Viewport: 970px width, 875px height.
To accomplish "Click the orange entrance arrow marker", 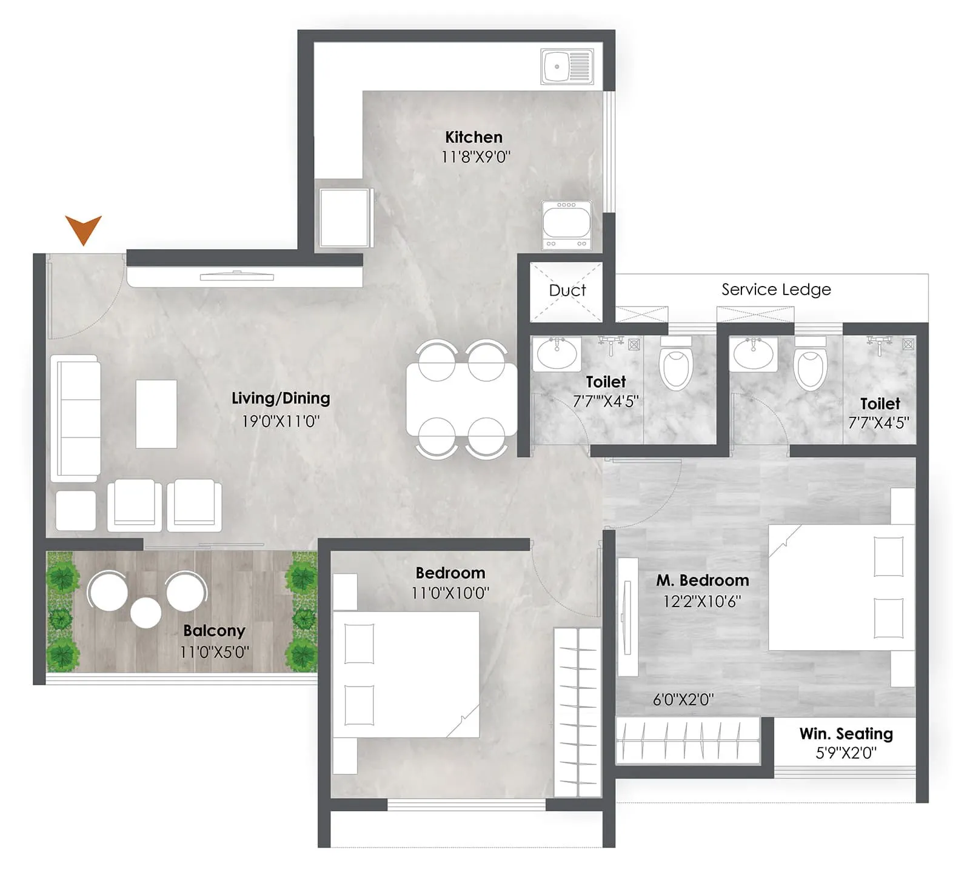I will (x=83, y=229).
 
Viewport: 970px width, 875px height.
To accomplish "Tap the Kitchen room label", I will (x=473, y=137).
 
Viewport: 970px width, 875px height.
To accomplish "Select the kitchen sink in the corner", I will (x=567, y=67).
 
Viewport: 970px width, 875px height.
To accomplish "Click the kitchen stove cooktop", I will (x=567, y=225).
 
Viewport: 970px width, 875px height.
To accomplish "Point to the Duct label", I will (x=567, y=290).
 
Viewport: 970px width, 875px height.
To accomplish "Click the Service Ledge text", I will (x=775, y=289).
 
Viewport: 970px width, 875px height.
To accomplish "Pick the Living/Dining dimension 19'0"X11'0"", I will (x=280, y=421).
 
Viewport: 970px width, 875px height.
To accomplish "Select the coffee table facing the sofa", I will (x=156, y=414).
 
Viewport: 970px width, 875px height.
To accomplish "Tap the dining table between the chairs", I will (x=461, y=399).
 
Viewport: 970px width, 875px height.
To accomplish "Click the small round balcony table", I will (x=146, y=613).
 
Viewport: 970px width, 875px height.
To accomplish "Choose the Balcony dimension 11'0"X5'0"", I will (x=214, y=652).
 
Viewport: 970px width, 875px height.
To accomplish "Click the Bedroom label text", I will (x=450, y=573).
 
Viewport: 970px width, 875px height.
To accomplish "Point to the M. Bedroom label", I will (x=702, y=580).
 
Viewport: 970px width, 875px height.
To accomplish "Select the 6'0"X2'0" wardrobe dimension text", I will (x=683, y=699).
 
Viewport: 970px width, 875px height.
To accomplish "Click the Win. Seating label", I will (x=846, y=733).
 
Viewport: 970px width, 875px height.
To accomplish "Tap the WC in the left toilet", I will (x=675, y=367).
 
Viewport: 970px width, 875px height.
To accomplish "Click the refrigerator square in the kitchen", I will (x=344, y=217).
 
